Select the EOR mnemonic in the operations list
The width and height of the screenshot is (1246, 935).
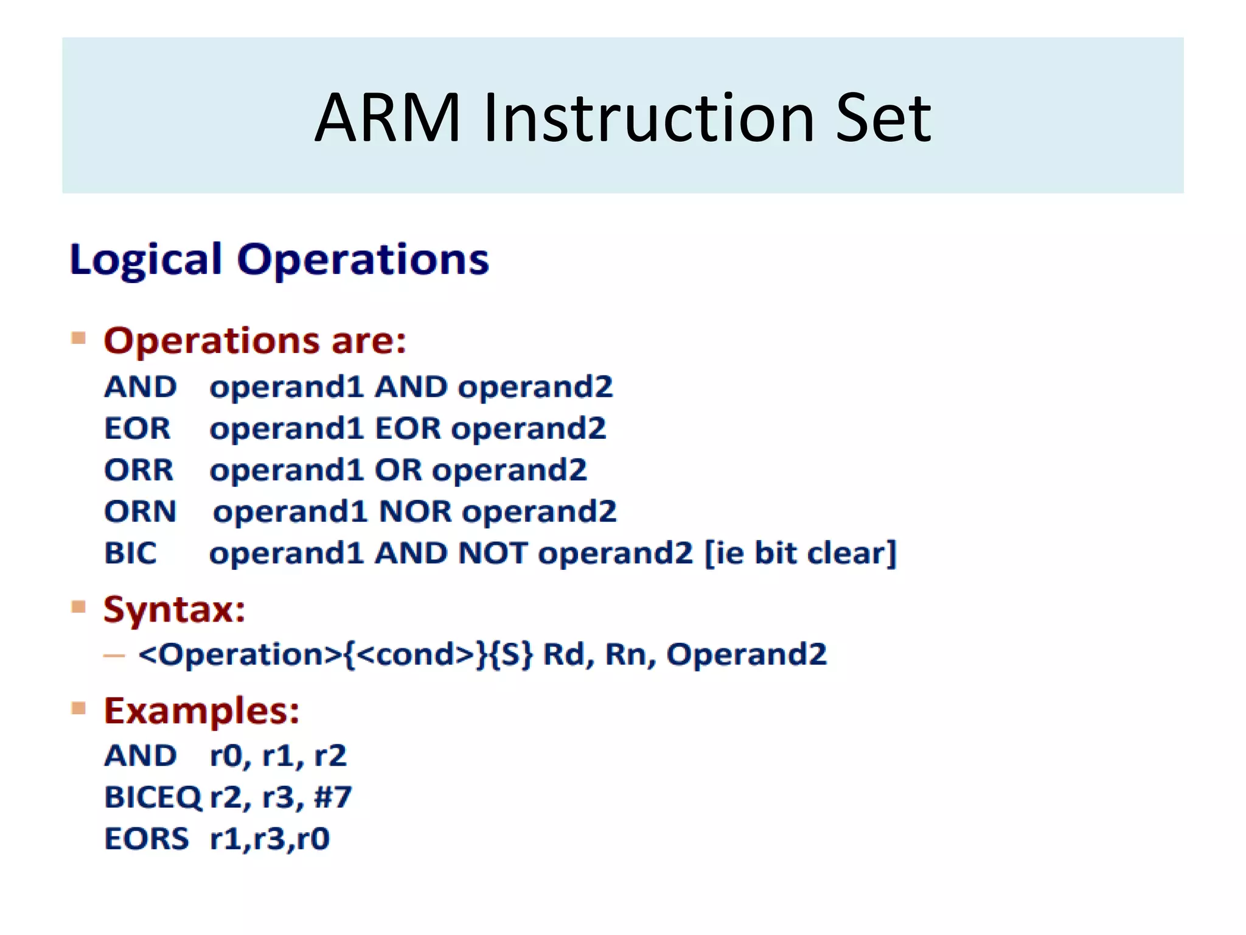coord(137,428)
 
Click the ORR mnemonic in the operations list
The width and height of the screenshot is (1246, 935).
coord(139,470)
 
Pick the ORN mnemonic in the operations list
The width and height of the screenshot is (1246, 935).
coord(140,511)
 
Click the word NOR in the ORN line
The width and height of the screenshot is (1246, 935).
coord(416,511)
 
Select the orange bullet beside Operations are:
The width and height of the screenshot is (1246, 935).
coord(78,338)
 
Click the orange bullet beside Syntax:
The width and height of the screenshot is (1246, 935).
coord(78,607)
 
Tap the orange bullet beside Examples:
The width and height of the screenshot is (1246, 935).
coord(78,708)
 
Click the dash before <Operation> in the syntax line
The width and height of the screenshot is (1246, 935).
coord(114,656)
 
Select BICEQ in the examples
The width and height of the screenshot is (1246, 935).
coord(152,797)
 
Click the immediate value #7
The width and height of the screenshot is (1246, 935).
coord(333,797)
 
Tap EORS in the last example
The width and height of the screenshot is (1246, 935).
coord(146,839)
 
